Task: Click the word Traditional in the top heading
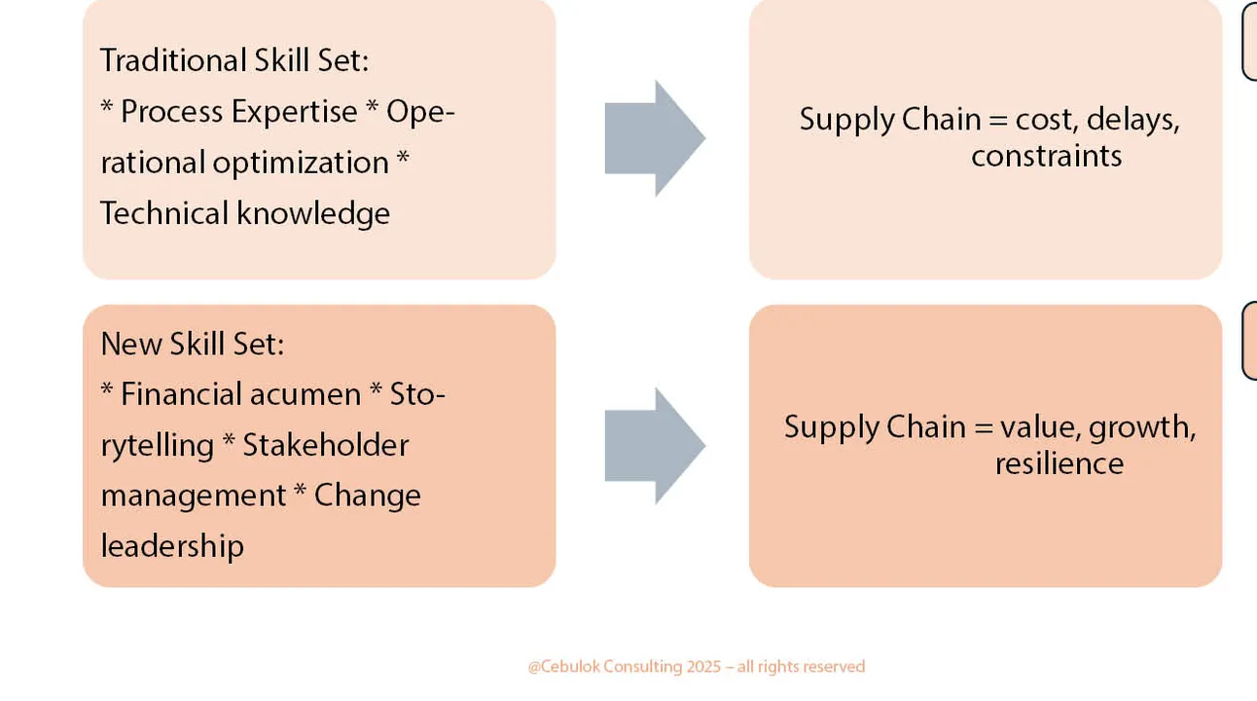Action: (x=173, y=60)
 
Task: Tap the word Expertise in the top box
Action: (x=294, y=112)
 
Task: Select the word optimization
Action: (x=301, y=163)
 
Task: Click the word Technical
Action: (x=164, y=213)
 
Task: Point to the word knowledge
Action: (x=313, y=214)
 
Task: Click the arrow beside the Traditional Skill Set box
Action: (x=655, y=138)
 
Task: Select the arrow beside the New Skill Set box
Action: (x=655, y=446)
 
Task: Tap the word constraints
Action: (x=1047, y=156)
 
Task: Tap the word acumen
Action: (x=305, y=395)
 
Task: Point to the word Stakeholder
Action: (x=326, y=446)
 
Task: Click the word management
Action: (x=194, y=497)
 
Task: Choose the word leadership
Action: (x=172, y=546)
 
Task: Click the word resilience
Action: (x=1059, y=464)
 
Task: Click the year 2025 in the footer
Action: (x=703, y=667)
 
